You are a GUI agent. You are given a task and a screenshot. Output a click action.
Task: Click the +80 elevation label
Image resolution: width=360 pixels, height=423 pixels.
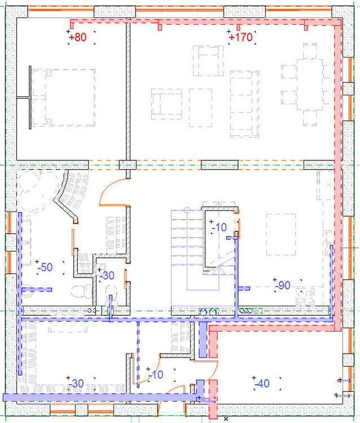pyautogui.click(x=78, y=37)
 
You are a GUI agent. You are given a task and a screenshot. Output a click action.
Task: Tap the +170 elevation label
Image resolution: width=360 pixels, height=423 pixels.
pyautogui.click(x=240, y=37)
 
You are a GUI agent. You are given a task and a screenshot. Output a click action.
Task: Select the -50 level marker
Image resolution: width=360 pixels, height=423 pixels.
pyautogui.click(x=45, y=267)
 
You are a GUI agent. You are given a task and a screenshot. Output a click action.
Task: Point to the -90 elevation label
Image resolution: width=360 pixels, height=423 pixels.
pyautogui.click(x=283, y=285)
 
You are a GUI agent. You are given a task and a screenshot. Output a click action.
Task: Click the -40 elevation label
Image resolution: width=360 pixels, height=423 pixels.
pyautogui.click(x=262, y=383)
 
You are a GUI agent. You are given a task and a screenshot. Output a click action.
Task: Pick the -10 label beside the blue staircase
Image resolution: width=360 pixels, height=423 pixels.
pyautogui.click(x=219, y=227)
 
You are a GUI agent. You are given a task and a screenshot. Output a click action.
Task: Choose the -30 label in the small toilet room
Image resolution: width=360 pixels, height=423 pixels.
pyautogui.click(x=107, y=275)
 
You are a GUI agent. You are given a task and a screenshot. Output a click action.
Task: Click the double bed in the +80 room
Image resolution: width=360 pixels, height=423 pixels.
pyautogui.click(x=64, y=98)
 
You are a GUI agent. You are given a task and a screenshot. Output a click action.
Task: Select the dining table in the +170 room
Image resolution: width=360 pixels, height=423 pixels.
pyautogui.click(x=310, y=85)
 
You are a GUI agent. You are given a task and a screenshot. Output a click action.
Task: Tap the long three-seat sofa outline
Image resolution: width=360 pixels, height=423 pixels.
pyautogui.click(x=244, y=104)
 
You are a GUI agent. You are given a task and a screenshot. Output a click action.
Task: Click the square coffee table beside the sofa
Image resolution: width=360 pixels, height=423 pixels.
pyautogui.click(x=200, y=108)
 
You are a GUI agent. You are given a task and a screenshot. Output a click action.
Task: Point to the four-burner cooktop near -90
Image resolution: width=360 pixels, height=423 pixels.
pyautogui.click(x=305, y=297)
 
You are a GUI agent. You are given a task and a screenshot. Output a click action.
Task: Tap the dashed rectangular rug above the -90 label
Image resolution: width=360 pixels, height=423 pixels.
pyautogui.click(x=281, y=235)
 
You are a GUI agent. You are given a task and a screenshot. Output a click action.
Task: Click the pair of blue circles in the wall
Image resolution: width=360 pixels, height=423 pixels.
pyautogui.click(x=208, y=312)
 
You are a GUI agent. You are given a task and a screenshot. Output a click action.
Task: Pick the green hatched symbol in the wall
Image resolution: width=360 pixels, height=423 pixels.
pyautogui.click(x=251, y=311)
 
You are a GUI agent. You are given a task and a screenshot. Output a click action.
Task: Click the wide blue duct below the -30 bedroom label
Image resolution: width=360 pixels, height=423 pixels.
pyautogui.click(x=99, y=398)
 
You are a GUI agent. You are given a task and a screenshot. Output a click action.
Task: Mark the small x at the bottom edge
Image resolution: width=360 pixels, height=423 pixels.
pyautogui.click(x=226, y=419)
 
